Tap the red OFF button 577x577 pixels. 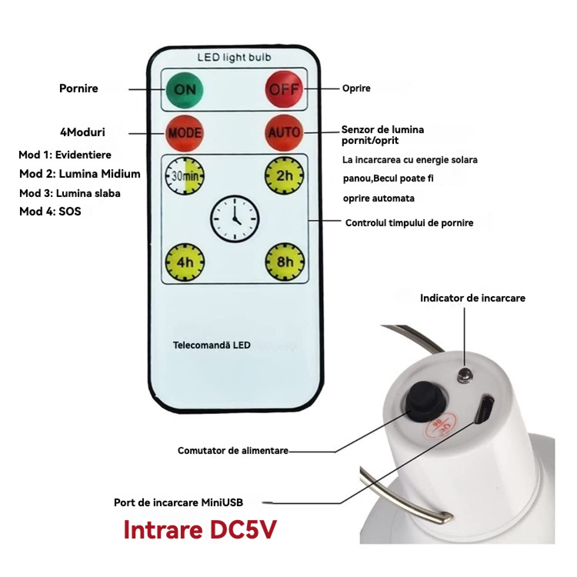pyautogui.click(x=284, y=89)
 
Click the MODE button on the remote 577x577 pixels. pyautogui.click(x=185, y=133)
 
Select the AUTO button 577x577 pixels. pyautogui.click(x=284, y=132)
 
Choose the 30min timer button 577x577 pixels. pyautogui.click(x=185, y=176)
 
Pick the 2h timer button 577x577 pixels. pyautogui.click(x=284, y=176)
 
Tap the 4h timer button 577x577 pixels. pyautogui.click(x=185, y=262)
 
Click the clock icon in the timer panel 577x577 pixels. pyautogui.click(x=235, y=218)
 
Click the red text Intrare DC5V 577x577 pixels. pyautogui.click(x=200, y=530)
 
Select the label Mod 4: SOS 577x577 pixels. pyautogui.click(x=50, y=211)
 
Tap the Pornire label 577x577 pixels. pyautogui.click(x=78, y=88)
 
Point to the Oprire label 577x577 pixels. pyautogui.click(x=356, y=88)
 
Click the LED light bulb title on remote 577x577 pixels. pyautogui.click(x=234, y=58)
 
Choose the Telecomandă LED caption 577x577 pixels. pyautogui.click(x=212, y=345)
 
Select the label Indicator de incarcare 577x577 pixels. pyautogui.click(x=472, y=298)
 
